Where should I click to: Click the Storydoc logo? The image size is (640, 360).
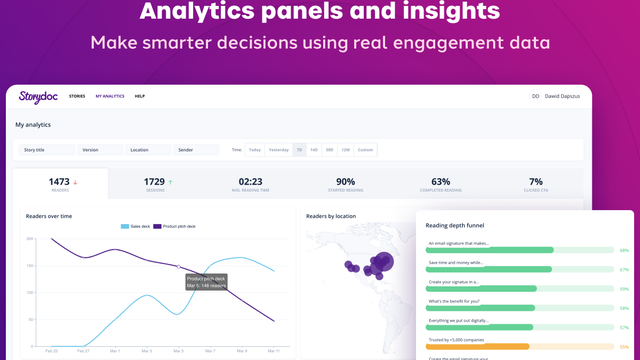coord(37,96)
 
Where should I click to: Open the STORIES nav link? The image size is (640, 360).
coord(77,96)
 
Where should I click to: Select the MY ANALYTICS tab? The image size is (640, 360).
coord(110,96)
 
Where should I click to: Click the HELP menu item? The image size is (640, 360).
coord(140,96)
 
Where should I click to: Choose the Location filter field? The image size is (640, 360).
coord(150,150)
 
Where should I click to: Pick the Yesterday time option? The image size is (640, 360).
coord(278,150)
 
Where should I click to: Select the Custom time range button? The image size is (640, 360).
coord(365,150)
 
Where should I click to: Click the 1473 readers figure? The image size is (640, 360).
coord(59,181)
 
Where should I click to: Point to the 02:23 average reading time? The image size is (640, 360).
coord(250,181)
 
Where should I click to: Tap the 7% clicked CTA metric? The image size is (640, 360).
coord(536,181)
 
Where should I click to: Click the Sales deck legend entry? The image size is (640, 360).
coord(138,227)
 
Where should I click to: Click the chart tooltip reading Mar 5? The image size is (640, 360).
coord(206,281)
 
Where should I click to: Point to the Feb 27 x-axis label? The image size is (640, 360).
coord(83,351)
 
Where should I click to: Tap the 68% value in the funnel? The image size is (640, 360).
coord(624,250)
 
